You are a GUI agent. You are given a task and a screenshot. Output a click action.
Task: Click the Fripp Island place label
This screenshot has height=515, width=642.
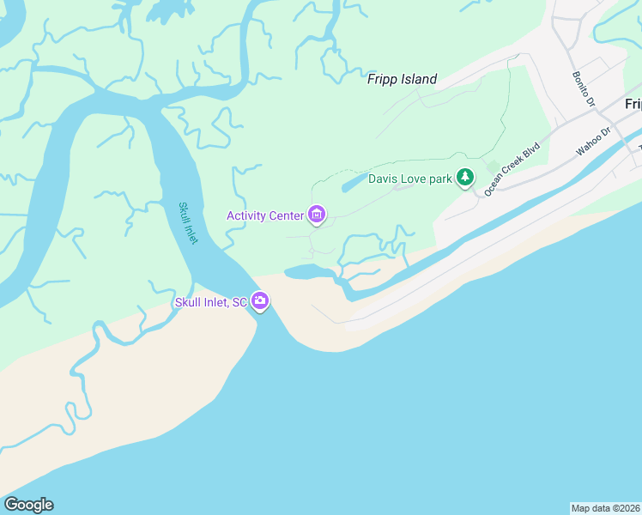click(x=402, y=79)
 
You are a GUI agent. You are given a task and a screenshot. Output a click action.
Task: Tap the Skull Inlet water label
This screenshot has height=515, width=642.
click(x=188, y=222)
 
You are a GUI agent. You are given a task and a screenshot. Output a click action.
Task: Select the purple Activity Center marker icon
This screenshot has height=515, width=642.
click(x=317, y=214)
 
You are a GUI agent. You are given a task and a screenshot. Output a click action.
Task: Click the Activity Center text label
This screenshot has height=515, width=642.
click(x=265, y=215)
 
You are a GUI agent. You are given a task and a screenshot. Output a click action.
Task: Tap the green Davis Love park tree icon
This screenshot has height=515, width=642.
click(x=464, y=178)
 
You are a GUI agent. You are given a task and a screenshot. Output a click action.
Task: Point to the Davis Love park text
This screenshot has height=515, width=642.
click(x=409, y=179)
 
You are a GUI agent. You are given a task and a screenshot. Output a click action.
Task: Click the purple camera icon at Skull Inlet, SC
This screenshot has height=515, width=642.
click(x=260, y=302)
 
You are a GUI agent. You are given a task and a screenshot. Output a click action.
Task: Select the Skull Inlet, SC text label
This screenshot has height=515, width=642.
click(x=210, y=302)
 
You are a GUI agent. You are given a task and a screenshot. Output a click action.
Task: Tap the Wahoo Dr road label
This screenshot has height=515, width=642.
click(x=592, y=142)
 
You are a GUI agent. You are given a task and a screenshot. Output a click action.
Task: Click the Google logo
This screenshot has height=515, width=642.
click(x=28, y=505)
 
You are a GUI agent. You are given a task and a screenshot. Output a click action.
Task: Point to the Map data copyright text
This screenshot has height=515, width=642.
click(x=605, y=508)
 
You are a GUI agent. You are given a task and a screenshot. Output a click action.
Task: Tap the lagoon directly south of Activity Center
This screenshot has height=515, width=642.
click(x=309, y=272)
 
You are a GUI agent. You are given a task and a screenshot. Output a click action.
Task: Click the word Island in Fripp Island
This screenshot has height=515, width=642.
click(x=417, y=79)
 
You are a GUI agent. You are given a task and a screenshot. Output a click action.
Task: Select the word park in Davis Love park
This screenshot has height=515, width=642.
click(x=438, y=179)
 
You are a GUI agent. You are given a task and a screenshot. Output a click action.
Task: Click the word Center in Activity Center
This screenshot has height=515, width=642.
click(x=287, y=215)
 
